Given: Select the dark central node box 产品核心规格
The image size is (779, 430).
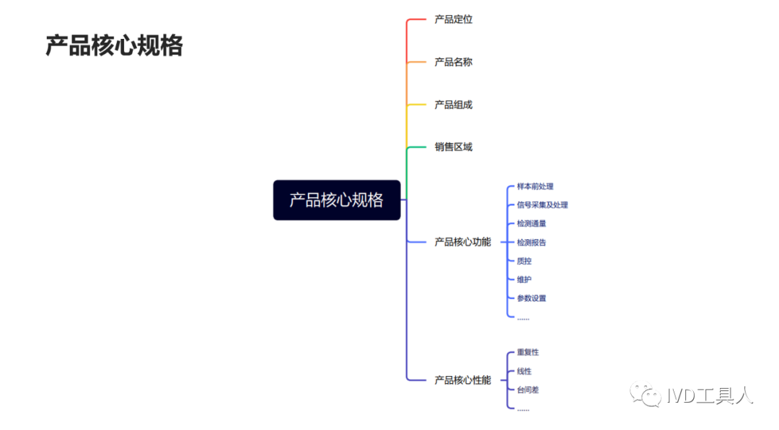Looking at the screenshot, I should click(336, 200).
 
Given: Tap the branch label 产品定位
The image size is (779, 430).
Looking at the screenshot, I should click(453, 19).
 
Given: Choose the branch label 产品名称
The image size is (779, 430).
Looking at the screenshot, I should click(453, 62).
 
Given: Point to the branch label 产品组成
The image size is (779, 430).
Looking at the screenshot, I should click(453, 104).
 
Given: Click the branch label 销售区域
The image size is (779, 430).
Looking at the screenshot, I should click(453, 147).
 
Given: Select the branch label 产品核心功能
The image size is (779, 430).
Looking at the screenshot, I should click(462, 242).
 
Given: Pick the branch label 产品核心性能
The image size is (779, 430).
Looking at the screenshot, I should click(462, 380).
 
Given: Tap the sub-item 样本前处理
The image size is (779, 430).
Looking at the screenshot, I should click(535, 187).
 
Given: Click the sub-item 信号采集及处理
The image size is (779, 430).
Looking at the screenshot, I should click(542, 205).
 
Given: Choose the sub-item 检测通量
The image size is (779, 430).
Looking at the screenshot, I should click(532, 224).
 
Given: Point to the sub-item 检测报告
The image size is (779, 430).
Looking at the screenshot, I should click(532, 243).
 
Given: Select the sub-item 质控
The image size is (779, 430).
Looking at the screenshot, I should click(524, 261).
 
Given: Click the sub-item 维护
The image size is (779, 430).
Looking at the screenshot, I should click(524, 279).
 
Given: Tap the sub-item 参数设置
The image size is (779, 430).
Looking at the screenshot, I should click(532, 298).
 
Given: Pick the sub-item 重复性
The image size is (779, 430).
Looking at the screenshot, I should click(528, 352).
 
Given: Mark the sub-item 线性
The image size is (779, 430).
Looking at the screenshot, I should click(524, 371).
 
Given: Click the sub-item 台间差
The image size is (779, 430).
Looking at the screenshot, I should click(528, 390).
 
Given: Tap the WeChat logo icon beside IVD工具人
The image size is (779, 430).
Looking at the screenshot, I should click(646, 395).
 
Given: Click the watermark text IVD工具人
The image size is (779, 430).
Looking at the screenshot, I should click(710, 395).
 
